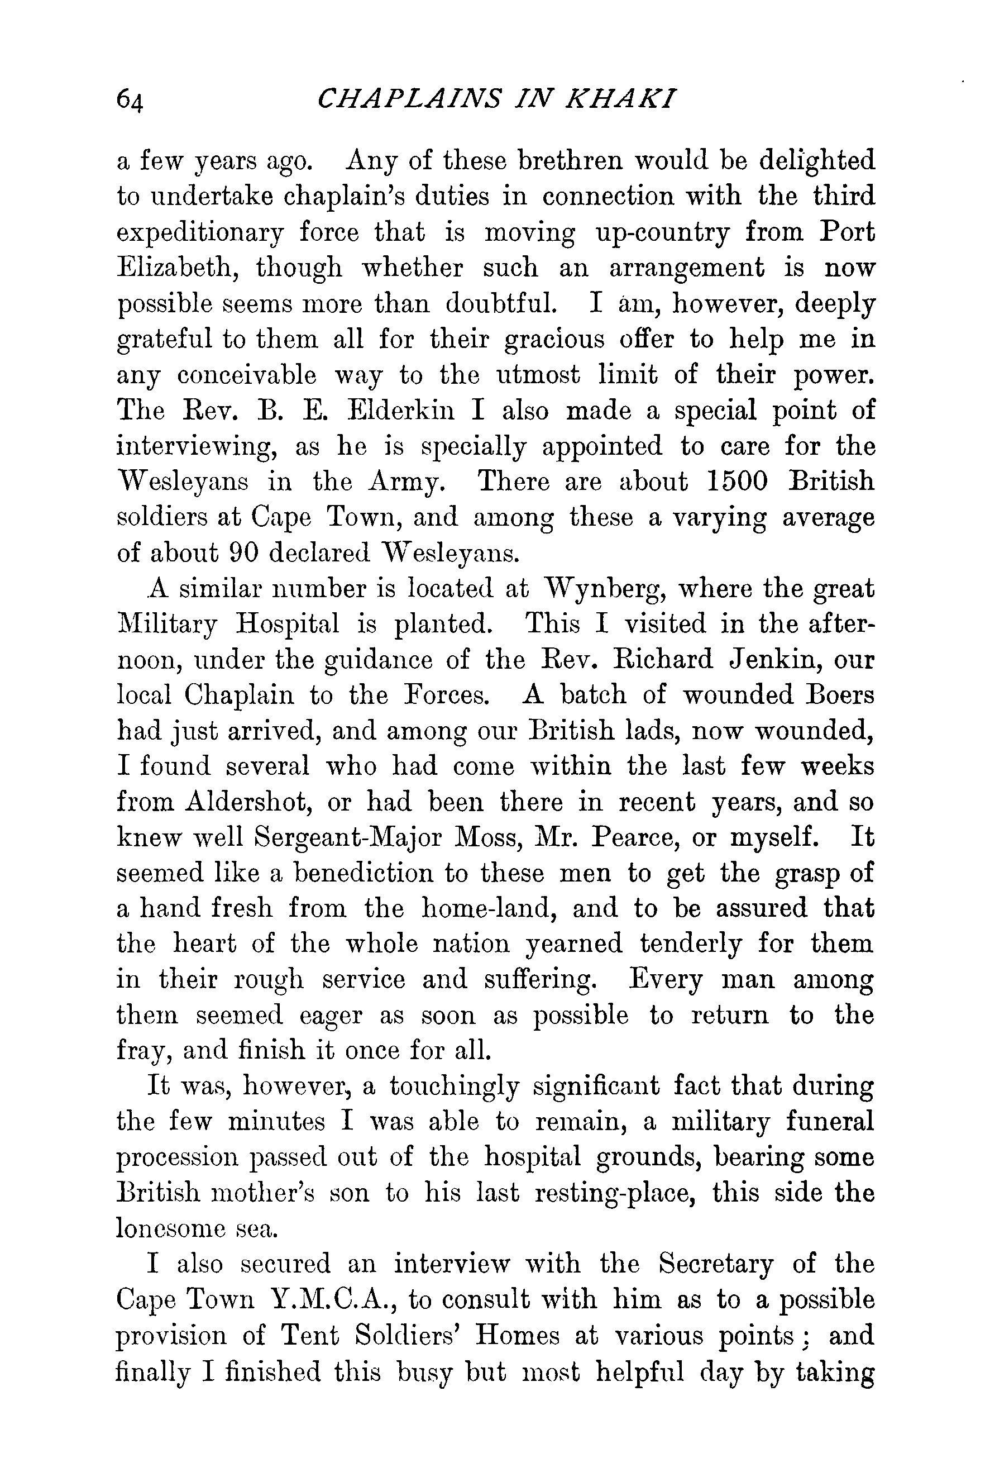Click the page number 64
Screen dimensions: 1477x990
tap(131, 100)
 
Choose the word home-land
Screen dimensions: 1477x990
tap(484, 909)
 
